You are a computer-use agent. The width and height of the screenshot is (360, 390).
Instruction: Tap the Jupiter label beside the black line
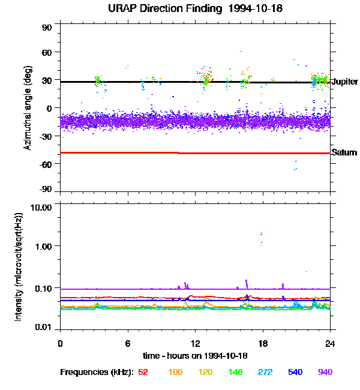pyautogui.click(x=344, y=82)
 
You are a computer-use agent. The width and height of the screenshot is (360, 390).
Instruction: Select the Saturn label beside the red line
pyautogui.click(x=344, y=153)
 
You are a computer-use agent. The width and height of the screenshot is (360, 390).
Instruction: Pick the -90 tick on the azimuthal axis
pyautogui.click(x=46, y=190)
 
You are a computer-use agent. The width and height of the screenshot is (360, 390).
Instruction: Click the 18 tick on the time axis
pyautogui.click(x=262, y=344)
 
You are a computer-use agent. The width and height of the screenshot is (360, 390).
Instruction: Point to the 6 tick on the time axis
pyautogui.click(x=128, y=344)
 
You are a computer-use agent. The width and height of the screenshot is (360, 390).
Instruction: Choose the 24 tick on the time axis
pyautogui.click(x=329, y=344)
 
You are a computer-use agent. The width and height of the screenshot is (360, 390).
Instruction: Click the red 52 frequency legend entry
pyautogui.click(x=143, y=373)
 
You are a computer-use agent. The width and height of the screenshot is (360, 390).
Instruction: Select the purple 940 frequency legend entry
pyautogui.click(x=325, y=373)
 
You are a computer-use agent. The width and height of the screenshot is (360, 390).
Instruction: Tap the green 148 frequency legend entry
pyautogui.click(x=235, y=373)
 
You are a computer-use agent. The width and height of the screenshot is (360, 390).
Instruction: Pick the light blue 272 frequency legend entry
pyautogui.click(x=265, y=373)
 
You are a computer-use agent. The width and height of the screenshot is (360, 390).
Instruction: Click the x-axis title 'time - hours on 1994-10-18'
pyautogui.click(x=195, y=356)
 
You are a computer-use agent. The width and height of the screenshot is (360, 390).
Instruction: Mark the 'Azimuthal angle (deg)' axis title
pyautogui.click(x=28, y=109)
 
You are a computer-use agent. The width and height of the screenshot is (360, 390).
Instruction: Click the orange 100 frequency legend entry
pyautogui.click(x=175, y=373)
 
